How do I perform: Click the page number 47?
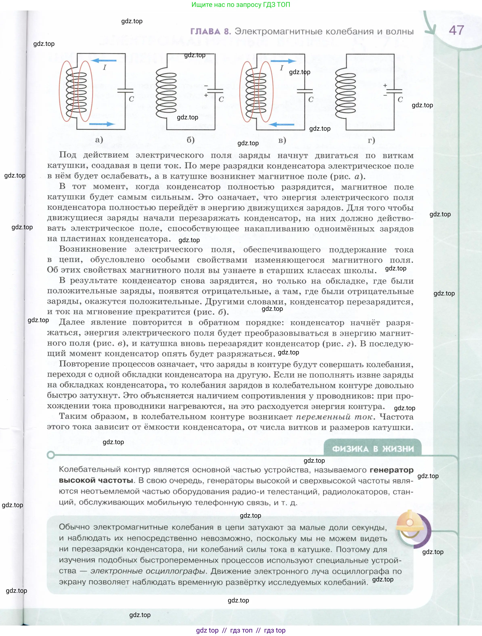pos(456,30)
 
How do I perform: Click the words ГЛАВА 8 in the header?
pos(211,31)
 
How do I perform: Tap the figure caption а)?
pos(99,140)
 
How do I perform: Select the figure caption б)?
pos(191,140)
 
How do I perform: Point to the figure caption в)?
pos(282,140)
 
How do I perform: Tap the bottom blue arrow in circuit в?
pos(281,124)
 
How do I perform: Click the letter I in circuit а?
pos(105,68)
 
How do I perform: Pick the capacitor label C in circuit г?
pos(400,100)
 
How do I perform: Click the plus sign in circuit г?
pos(385,85)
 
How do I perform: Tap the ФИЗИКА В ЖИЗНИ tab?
pos(373,449)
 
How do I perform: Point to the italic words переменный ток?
pos(335,417)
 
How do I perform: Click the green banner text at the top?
pos(241,5)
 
